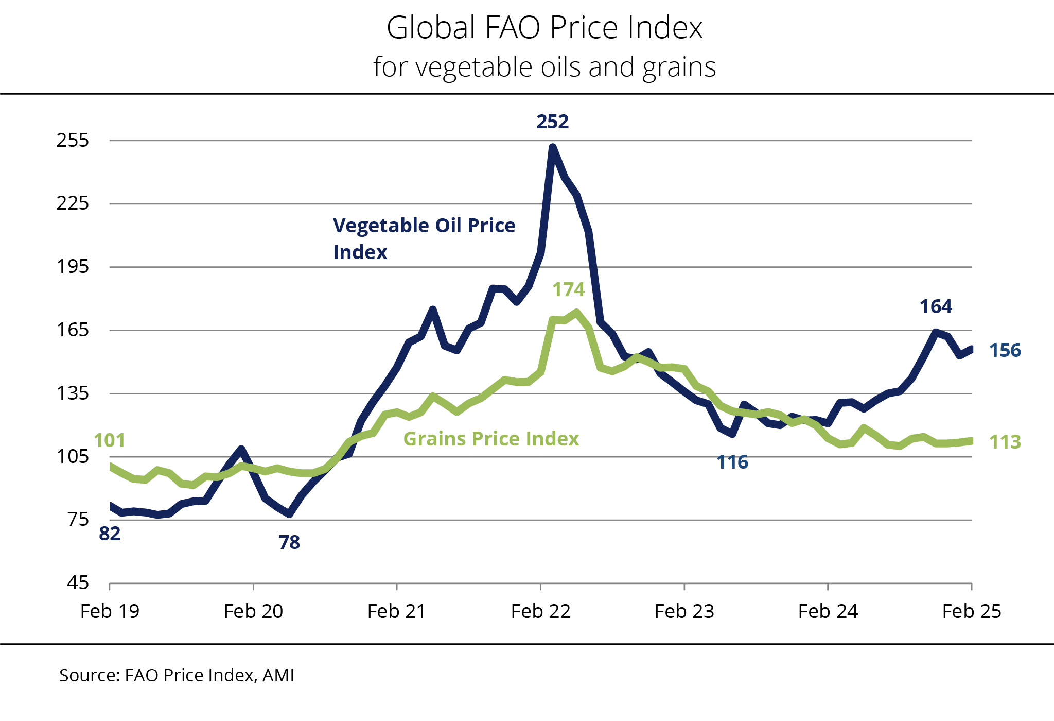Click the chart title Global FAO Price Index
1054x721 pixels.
[544, 28]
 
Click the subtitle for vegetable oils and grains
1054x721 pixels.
[544, 67]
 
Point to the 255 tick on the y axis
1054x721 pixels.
[73, 140]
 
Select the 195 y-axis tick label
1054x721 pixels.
[73, 267]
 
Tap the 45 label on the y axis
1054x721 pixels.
[78, 583]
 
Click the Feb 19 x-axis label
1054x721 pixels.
[110, 612]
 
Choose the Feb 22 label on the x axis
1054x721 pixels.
[540, 612]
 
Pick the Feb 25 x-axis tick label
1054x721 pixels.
[971, 612]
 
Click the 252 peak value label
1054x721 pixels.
[552, 122]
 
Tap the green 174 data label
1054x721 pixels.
[568, 290]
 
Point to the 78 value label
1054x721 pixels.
[289, 543]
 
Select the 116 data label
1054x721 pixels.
[732, 462]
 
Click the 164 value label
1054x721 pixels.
[936, 307]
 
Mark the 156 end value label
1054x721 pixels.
[1005, 351]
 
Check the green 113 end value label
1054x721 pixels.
[1005, 442]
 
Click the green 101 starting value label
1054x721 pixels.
[109, 441]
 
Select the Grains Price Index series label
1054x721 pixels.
[491, 439]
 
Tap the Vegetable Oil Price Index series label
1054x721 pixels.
[424, 239]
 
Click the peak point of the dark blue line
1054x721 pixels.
[553, 148]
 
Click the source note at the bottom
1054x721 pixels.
[177, 675]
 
